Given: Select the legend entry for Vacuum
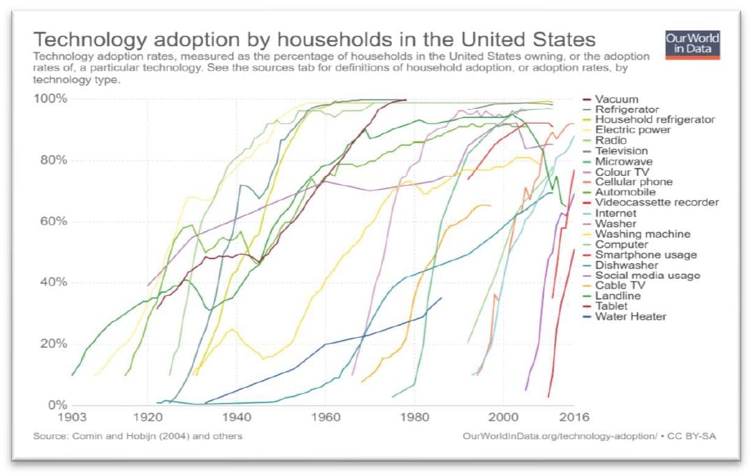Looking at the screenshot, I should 615,99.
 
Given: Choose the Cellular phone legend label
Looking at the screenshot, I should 634,182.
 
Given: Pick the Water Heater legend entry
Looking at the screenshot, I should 630,316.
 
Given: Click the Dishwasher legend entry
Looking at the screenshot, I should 626,265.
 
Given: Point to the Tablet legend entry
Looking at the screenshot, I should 612,306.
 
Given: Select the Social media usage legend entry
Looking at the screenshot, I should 647,275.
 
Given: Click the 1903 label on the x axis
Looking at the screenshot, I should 73,417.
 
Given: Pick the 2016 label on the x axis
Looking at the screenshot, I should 573,417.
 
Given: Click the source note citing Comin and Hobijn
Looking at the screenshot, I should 138,436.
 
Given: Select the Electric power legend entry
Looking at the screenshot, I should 632,130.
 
